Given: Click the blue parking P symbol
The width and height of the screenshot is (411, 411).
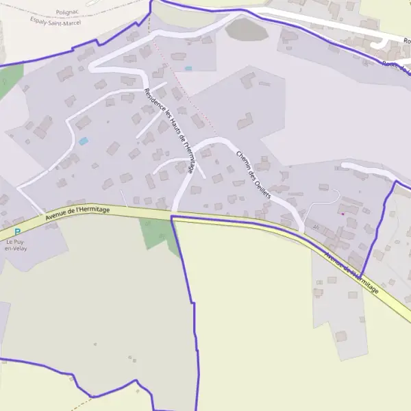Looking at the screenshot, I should tap(17, 232).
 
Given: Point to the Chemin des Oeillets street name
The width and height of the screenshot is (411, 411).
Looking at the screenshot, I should tap(253, 175).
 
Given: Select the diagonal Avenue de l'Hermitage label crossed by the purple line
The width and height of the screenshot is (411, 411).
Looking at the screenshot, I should tap(351, 274).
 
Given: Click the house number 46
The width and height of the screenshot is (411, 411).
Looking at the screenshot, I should tap(315, 227).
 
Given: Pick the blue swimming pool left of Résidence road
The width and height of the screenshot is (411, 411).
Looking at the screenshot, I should tap(84, 141).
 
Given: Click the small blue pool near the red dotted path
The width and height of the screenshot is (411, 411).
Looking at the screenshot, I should tap(188, 68).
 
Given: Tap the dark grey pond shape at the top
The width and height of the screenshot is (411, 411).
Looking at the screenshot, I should tap(246, 29).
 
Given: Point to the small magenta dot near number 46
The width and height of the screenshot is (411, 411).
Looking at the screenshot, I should tap(342, 214).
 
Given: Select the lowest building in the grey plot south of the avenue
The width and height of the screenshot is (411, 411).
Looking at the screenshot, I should tap(340, 336).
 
